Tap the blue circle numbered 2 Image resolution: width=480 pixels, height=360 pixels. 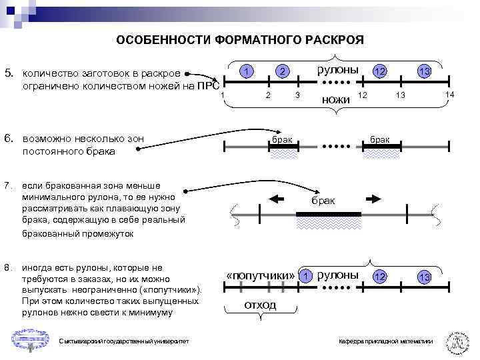(x=283, y=71)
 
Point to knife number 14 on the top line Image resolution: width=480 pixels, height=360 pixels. (x=449, y=96)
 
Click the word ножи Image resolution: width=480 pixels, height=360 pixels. (x=335, y=99)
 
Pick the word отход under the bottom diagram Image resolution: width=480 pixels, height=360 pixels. (x=260, y=305)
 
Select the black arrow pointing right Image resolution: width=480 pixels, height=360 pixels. (x=374, y=198)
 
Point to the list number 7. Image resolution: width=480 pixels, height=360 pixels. (x=8, y=184)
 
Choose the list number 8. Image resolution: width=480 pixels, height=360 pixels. (x=8, y=268)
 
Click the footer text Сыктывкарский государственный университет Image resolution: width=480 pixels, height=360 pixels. (x=123, y=341)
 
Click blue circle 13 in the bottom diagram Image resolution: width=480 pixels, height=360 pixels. (x=424, y=276)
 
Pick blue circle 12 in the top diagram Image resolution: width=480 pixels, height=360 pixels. (x=379, y=71)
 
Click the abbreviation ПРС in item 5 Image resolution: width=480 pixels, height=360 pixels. (x=209, y=86)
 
